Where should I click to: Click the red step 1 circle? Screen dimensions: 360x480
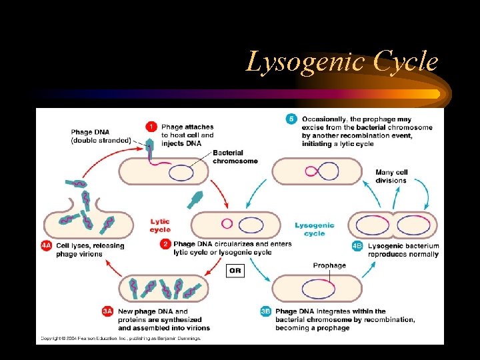click(152, 127)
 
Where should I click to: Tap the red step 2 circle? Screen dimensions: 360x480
click(166, 245)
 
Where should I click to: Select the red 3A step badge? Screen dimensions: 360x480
click(107, 311)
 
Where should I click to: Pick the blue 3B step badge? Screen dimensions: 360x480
click(265, 311)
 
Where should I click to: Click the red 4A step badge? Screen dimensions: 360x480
click(46, 245)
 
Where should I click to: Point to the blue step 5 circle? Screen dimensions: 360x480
click(291, 119)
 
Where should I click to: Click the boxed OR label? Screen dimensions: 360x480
click(235, 270)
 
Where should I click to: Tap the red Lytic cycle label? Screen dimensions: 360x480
click(160, 225)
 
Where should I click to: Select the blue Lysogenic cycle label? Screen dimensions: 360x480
click(315, 229)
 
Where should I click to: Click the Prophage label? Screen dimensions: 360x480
click(329, 265)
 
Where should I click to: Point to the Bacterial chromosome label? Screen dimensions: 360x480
click(235, 157)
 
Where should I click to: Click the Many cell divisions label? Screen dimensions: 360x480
click(391, 176)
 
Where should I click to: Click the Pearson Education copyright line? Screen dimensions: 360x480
click(120, 339)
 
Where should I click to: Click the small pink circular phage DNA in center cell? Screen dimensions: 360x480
click(227, 224)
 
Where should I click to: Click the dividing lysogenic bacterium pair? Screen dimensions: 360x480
click(391, 225)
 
